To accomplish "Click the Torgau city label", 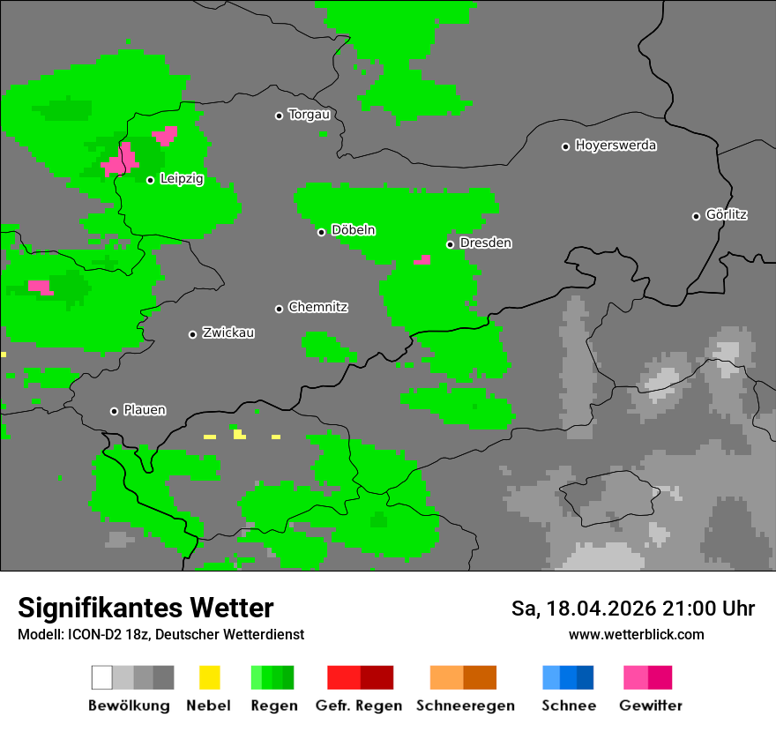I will click(309, 115).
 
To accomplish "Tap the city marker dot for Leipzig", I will click(151, 180).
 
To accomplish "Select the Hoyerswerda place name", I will click(616, 146).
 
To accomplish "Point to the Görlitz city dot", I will click(696, 216).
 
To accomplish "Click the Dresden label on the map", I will click(485, 243).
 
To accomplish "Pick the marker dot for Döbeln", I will click(322, 232).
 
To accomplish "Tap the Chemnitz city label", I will click(317, 308).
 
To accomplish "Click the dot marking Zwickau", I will click(192, 334).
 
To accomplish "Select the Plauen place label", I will click(144, 410).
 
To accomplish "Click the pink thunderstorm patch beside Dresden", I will click(423, 260).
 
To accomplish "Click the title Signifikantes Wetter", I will click(145, 609).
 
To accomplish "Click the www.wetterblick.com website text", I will click(636, 635).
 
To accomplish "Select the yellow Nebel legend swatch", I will click(209, 677).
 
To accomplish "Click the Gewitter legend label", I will click(651, 706).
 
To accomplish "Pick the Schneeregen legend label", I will click(466, 706).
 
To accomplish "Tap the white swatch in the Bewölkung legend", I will click(102, 677).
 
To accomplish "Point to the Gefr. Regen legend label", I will click(359, 706).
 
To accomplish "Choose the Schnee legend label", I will click(569, 706).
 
